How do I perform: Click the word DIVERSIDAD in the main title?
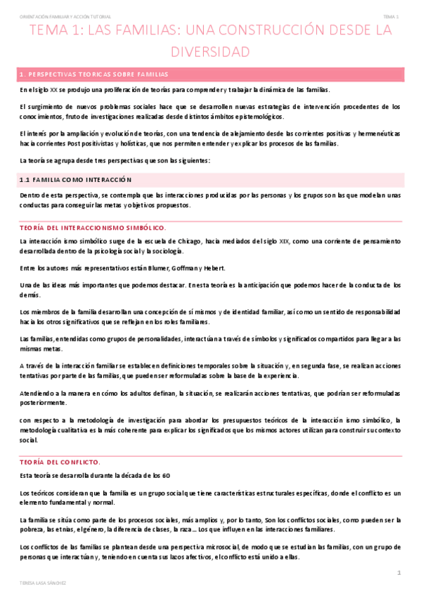click(210, 52)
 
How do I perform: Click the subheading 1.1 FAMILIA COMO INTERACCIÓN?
click(75, 179)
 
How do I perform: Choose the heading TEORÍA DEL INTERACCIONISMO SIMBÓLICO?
click(93, 228)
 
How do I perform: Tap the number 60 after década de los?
click(166, 476)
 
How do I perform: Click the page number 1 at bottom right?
click(399, 574)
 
